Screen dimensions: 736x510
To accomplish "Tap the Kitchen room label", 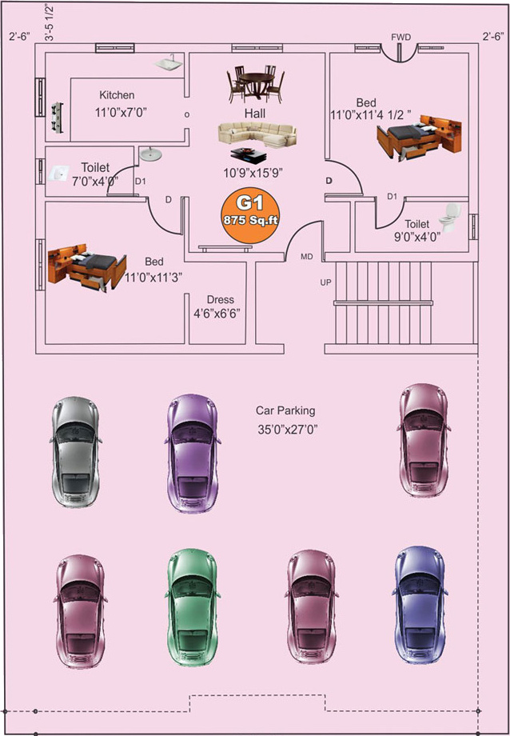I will tap(117, 94).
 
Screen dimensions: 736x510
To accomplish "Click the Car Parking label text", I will tap(285, 410).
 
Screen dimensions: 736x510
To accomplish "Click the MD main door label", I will tap(306, 257).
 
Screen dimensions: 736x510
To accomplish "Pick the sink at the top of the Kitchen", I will tap(167, 63).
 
